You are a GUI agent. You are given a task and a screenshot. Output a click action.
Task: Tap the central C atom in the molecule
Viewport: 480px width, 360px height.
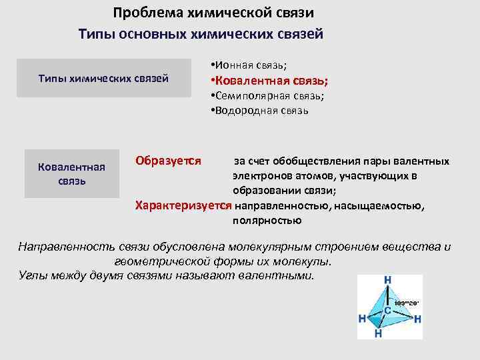(x=387, y=311)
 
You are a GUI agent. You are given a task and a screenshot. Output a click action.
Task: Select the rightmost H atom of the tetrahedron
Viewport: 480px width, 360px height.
(x=417, y=319)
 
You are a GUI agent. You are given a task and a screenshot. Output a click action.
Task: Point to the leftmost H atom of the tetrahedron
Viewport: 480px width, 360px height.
(x=362, y=319)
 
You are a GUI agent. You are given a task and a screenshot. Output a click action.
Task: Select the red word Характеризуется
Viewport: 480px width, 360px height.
(x=184, y=205)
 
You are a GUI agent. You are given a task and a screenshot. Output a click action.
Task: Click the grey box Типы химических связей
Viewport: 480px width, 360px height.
(x=103, y=79)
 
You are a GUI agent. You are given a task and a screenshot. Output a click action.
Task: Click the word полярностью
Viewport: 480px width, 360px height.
(x=267, y=220)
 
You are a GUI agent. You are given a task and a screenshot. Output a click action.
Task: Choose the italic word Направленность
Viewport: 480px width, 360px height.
(x=67, y=247)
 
